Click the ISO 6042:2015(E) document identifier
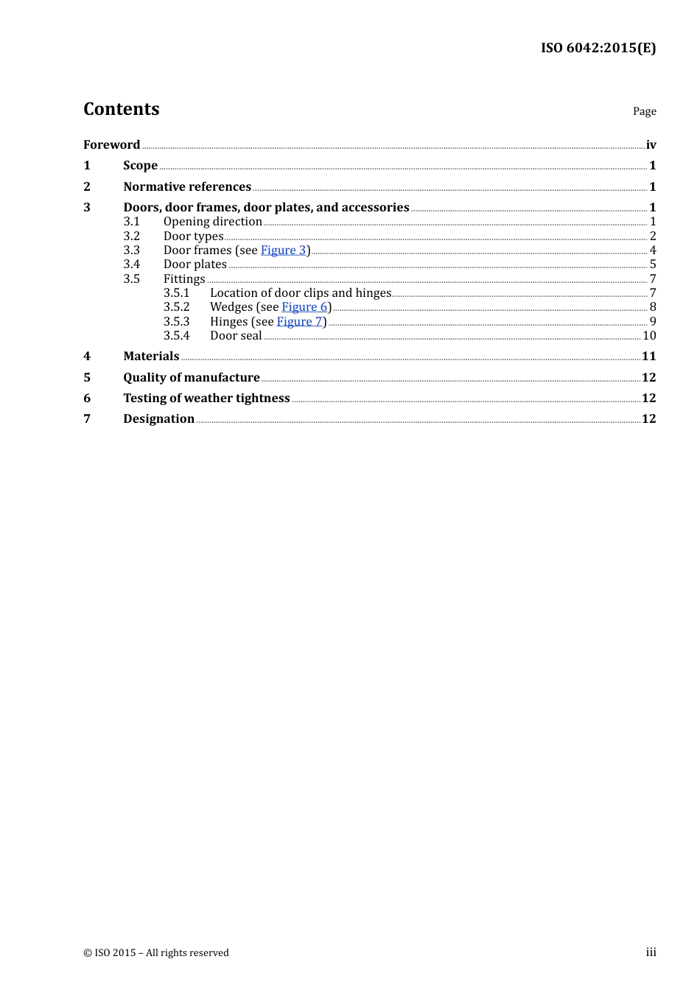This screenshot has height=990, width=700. [598, 49]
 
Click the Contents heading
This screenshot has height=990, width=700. [121, 109]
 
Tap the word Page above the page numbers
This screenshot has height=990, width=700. [644, 111]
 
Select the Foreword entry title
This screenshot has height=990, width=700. [111, 145]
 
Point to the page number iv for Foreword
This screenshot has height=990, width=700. [651, 145]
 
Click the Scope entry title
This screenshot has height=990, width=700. [140, 166]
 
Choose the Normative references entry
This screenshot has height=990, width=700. [187, 187]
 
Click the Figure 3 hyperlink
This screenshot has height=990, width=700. [283, 250]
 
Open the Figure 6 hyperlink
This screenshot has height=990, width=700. [304, 307]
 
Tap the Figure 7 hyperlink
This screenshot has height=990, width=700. [299, 322]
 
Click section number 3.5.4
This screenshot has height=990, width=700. [176, 336]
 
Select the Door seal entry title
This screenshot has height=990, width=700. [236, 336]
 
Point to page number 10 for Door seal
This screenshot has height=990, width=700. [649, 336]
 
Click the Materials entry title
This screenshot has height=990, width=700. [151, 357]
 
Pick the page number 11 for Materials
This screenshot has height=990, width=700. [648, 357]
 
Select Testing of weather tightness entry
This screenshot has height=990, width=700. [206, 399]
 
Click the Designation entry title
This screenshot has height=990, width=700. [158, 419]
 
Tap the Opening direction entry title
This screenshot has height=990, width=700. [212, 222]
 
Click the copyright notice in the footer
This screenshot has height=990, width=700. [156, 953]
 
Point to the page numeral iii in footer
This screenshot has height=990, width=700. [651, 952]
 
